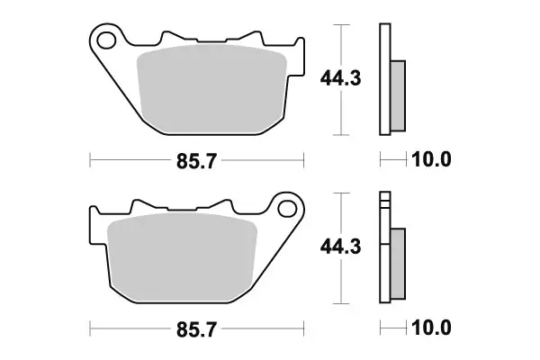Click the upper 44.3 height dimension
point(340,79)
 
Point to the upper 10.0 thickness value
point(431,160)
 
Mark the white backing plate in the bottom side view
point(385,270)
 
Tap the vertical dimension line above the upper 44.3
point(340,45)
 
